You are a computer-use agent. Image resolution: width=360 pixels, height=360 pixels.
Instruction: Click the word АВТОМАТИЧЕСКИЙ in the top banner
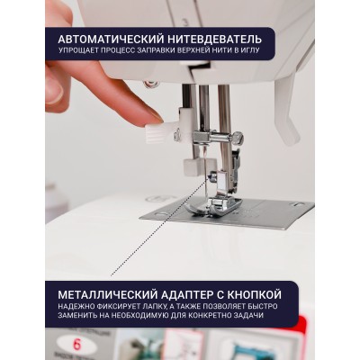(111, 40)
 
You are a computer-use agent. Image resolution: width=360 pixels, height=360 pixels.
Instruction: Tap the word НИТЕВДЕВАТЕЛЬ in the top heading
(215, 40)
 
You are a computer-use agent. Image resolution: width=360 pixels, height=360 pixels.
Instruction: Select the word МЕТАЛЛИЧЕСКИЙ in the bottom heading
(107, 294)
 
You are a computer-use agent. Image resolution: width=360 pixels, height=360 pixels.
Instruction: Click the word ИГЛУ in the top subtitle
(250, 50)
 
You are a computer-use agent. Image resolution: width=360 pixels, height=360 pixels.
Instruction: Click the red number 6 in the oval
(76, 345)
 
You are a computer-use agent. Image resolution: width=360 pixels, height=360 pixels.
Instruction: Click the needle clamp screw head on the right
(238, 138)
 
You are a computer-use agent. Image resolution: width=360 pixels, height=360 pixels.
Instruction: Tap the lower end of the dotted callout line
(112, 274)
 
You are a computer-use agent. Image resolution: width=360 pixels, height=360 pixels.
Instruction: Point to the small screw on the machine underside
(148, 84)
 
